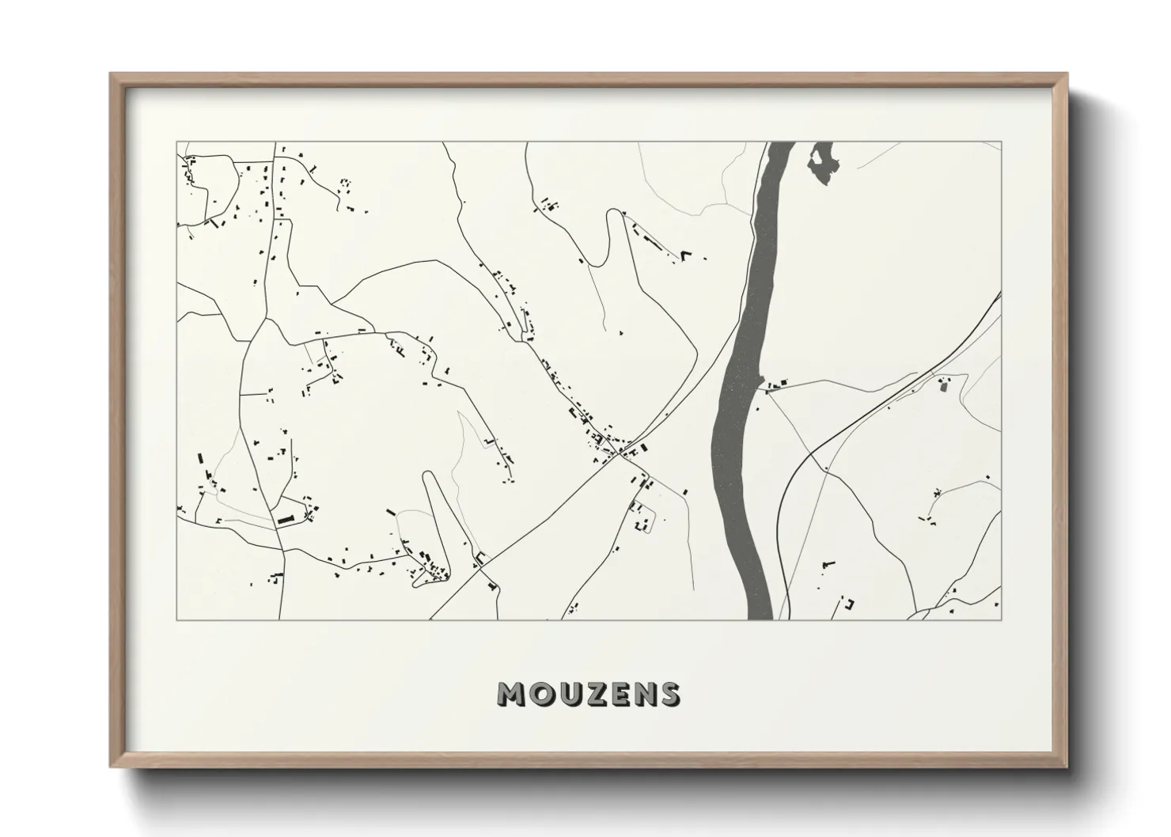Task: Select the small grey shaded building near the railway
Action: [x=943, y=386]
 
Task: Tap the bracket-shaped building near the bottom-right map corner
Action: [x=850, y=604]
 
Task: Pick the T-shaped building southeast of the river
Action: [x=828, y=563]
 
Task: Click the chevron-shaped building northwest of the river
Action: [x=686, y=255]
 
